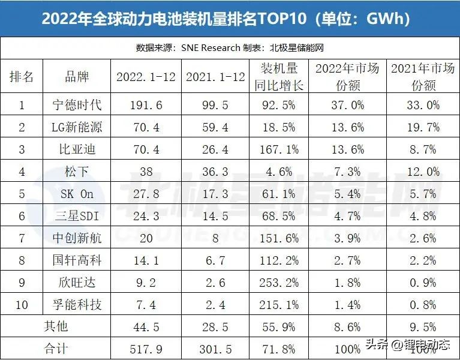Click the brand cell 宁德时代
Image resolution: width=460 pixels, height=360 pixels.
pyautogui.click(x=77, y=105)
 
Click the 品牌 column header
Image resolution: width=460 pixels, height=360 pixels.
pyautogui.click(x=77, y=77)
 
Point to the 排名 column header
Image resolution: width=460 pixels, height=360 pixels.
pyautogui.click(x=22, y=77)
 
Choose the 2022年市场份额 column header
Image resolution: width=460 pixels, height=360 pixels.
pyautogui.click(x=347, y=77)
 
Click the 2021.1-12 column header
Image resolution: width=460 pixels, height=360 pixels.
pyautogui.click(x=215, y=77)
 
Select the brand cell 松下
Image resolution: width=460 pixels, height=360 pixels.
pyautogui.click(x=77, y=172)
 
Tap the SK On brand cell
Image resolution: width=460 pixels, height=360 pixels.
pyautogui.click(x=77, y=194)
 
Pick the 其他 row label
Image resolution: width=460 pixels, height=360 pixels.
pyautogui.click(x=55, y=326)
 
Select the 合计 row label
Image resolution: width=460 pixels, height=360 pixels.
pyautogui.click(x=55, y=349)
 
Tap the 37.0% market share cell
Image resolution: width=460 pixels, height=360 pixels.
pyautogui.click(x=347, y=105)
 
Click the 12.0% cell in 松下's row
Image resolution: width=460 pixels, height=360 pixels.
pyautogui.click(x=423, y=172)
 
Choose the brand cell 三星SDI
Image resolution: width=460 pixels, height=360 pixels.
pyautogui.click(x=77, y=216)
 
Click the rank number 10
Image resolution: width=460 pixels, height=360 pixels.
pyautogui.click(x=22, y=305)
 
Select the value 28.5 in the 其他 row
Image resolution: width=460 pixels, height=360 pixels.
pyautogui.click(x=215, y=326)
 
